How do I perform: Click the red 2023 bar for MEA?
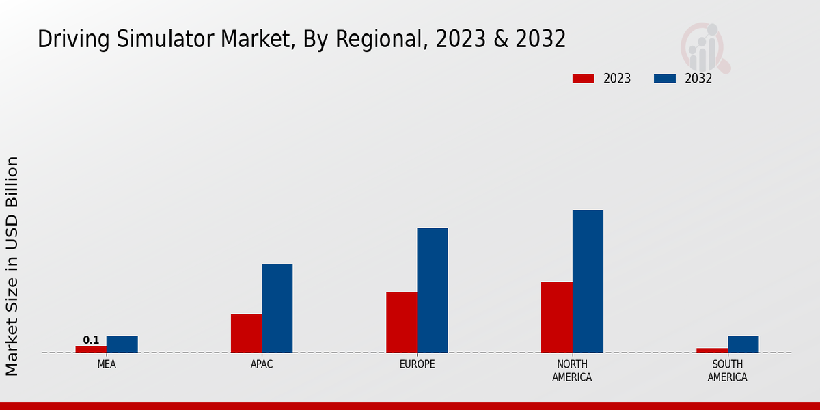point(91,349)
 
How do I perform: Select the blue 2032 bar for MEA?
point(122,344)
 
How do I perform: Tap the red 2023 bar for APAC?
point(246,333)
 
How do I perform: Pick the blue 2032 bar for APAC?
point(277,308)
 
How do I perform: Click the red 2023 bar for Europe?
point(401,323)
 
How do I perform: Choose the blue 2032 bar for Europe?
point(433,290)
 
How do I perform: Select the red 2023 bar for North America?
point(556,317)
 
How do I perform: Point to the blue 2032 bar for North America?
point(588,282)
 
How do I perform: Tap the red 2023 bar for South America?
point(712,351)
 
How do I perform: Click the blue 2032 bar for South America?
point(743,344)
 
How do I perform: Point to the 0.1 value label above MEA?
point(91,340)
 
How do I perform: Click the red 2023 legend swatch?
point(583,79)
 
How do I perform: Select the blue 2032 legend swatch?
point(664,79)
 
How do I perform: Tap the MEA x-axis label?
point(107,364)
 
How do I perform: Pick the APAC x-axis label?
point(262,364)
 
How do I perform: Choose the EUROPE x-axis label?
point(417,364)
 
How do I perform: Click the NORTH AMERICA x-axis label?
point(572,370)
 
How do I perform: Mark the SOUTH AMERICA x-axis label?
point(727,370)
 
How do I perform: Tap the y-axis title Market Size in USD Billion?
point(12,266)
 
